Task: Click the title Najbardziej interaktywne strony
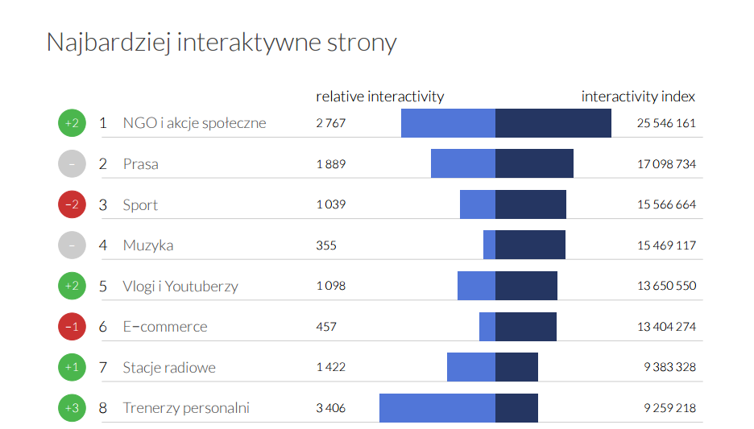(x=222, y=42)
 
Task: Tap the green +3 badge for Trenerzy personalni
(x=71, y=408)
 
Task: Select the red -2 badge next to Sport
(x=71, y=204)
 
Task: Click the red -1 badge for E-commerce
(x=71, y=327)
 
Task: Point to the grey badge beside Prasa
(x=71, y=164)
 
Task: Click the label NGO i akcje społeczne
(x=194, y=123)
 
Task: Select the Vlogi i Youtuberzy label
(x=180, y=286)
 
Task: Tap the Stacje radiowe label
(x=169, y=368)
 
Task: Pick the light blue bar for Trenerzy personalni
(x=437, y=408)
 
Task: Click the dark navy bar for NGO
(x=553, y=123)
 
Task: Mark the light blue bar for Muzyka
(x=489, y=245)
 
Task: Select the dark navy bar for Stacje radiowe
(x=516, y=368)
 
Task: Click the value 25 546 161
(x=666, y=123)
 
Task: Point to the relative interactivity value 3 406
(x=330, y=408)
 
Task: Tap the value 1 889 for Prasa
(x=330, y=164)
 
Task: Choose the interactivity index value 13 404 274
(x=666, y=327)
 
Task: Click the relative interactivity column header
(x=379, y=97)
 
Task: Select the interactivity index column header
(x=638, y=97)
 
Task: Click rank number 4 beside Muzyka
(x=103, y=245)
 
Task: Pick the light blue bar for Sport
(x=477, y=204)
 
